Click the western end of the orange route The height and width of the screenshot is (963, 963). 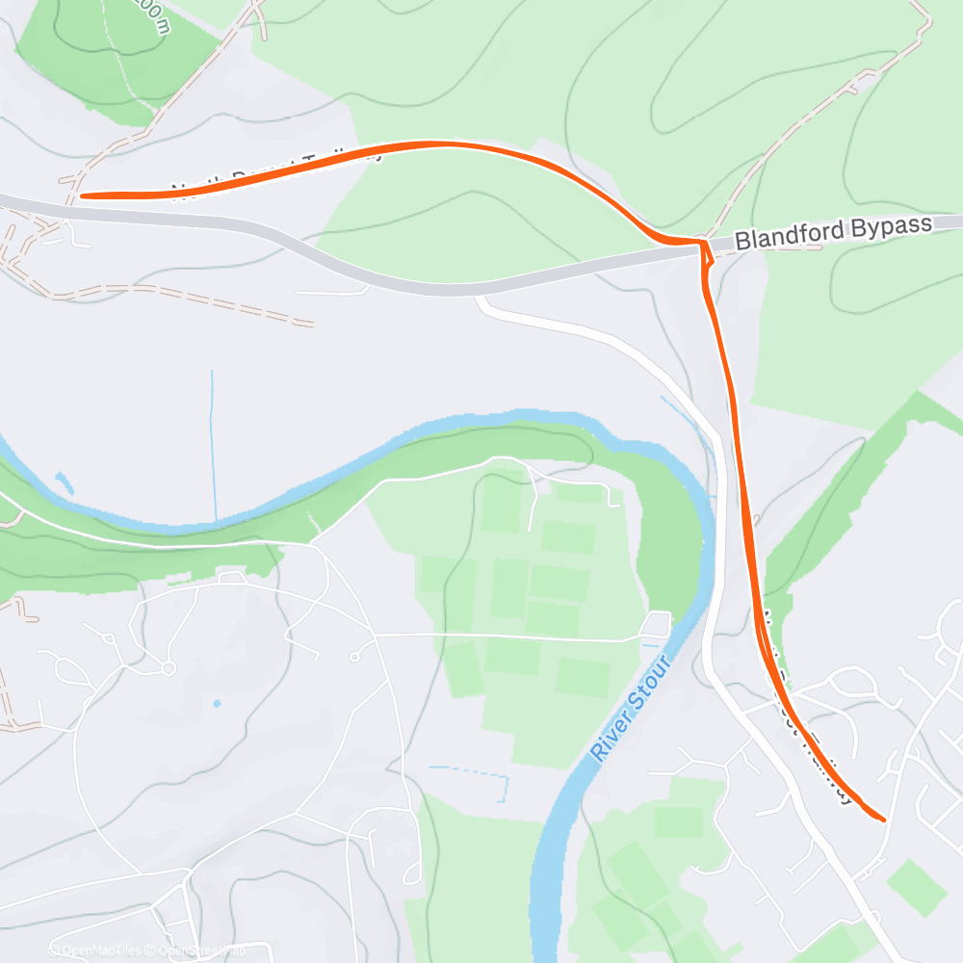click(82, 195)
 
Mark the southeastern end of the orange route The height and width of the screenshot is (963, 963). click(883, 820)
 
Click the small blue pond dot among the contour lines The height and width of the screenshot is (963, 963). click(216, 704)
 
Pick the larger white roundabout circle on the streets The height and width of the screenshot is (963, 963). click(169, 667)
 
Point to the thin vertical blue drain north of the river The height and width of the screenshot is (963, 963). click(213, 443)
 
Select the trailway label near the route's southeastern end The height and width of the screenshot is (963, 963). click(809, 713)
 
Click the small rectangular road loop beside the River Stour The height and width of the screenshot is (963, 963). click(658, 623)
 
